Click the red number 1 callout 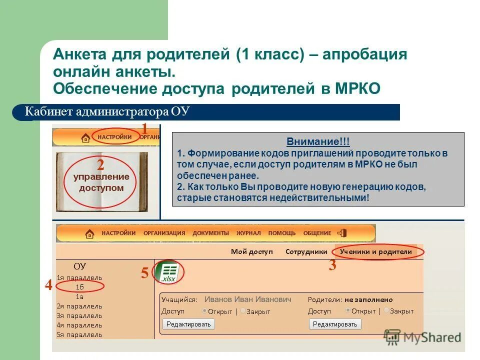(144, 129)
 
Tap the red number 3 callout (332, 265)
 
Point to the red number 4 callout (48, 285)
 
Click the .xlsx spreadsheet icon (167, 272)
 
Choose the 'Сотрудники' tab (306, 251)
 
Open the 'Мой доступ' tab (252, 251)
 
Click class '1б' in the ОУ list (79, 287)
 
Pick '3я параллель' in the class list (79, 315)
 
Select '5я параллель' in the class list (79, 334)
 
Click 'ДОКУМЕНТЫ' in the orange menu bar (210, 233)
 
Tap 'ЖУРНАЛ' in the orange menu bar (248, 233)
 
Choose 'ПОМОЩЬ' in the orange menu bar (282, 233)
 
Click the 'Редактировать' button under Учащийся (188, 324)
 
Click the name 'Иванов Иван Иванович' (247, 299)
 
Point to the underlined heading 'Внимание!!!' (318, 141)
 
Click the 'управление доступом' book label (101, 182)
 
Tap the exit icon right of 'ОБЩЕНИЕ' (342, 233)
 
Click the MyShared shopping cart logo (392, 337)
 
